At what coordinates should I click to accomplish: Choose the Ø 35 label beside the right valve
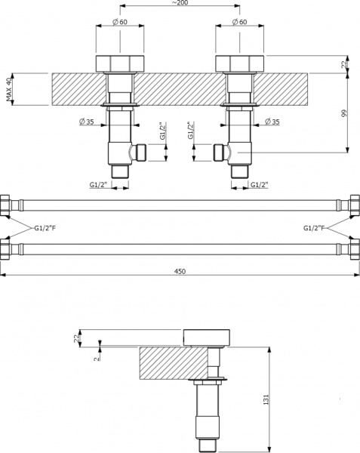[x=271, y=122]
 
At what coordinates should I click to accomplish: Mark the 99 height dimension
[x=343, y=112]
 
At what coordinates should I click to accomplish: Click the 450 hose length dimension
[x=180, y=271]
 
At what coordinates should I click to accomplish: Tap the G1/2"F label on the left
[x=45, y=226]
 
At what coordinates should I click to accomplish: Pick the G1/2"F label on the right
[x=314, y=226]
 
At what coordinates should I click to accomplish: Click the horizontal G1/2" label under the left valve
[x=99, y=184]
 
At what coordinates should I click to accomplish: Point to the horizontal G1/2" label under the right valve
[x=260, y=184]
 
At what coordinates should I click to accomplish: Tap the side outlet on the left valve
[x=137, y=153]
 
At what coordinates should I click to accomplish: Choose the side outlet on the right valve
[x=220, y=153]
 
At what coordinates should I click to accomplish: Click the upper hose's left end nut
[x=6, y=205]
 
